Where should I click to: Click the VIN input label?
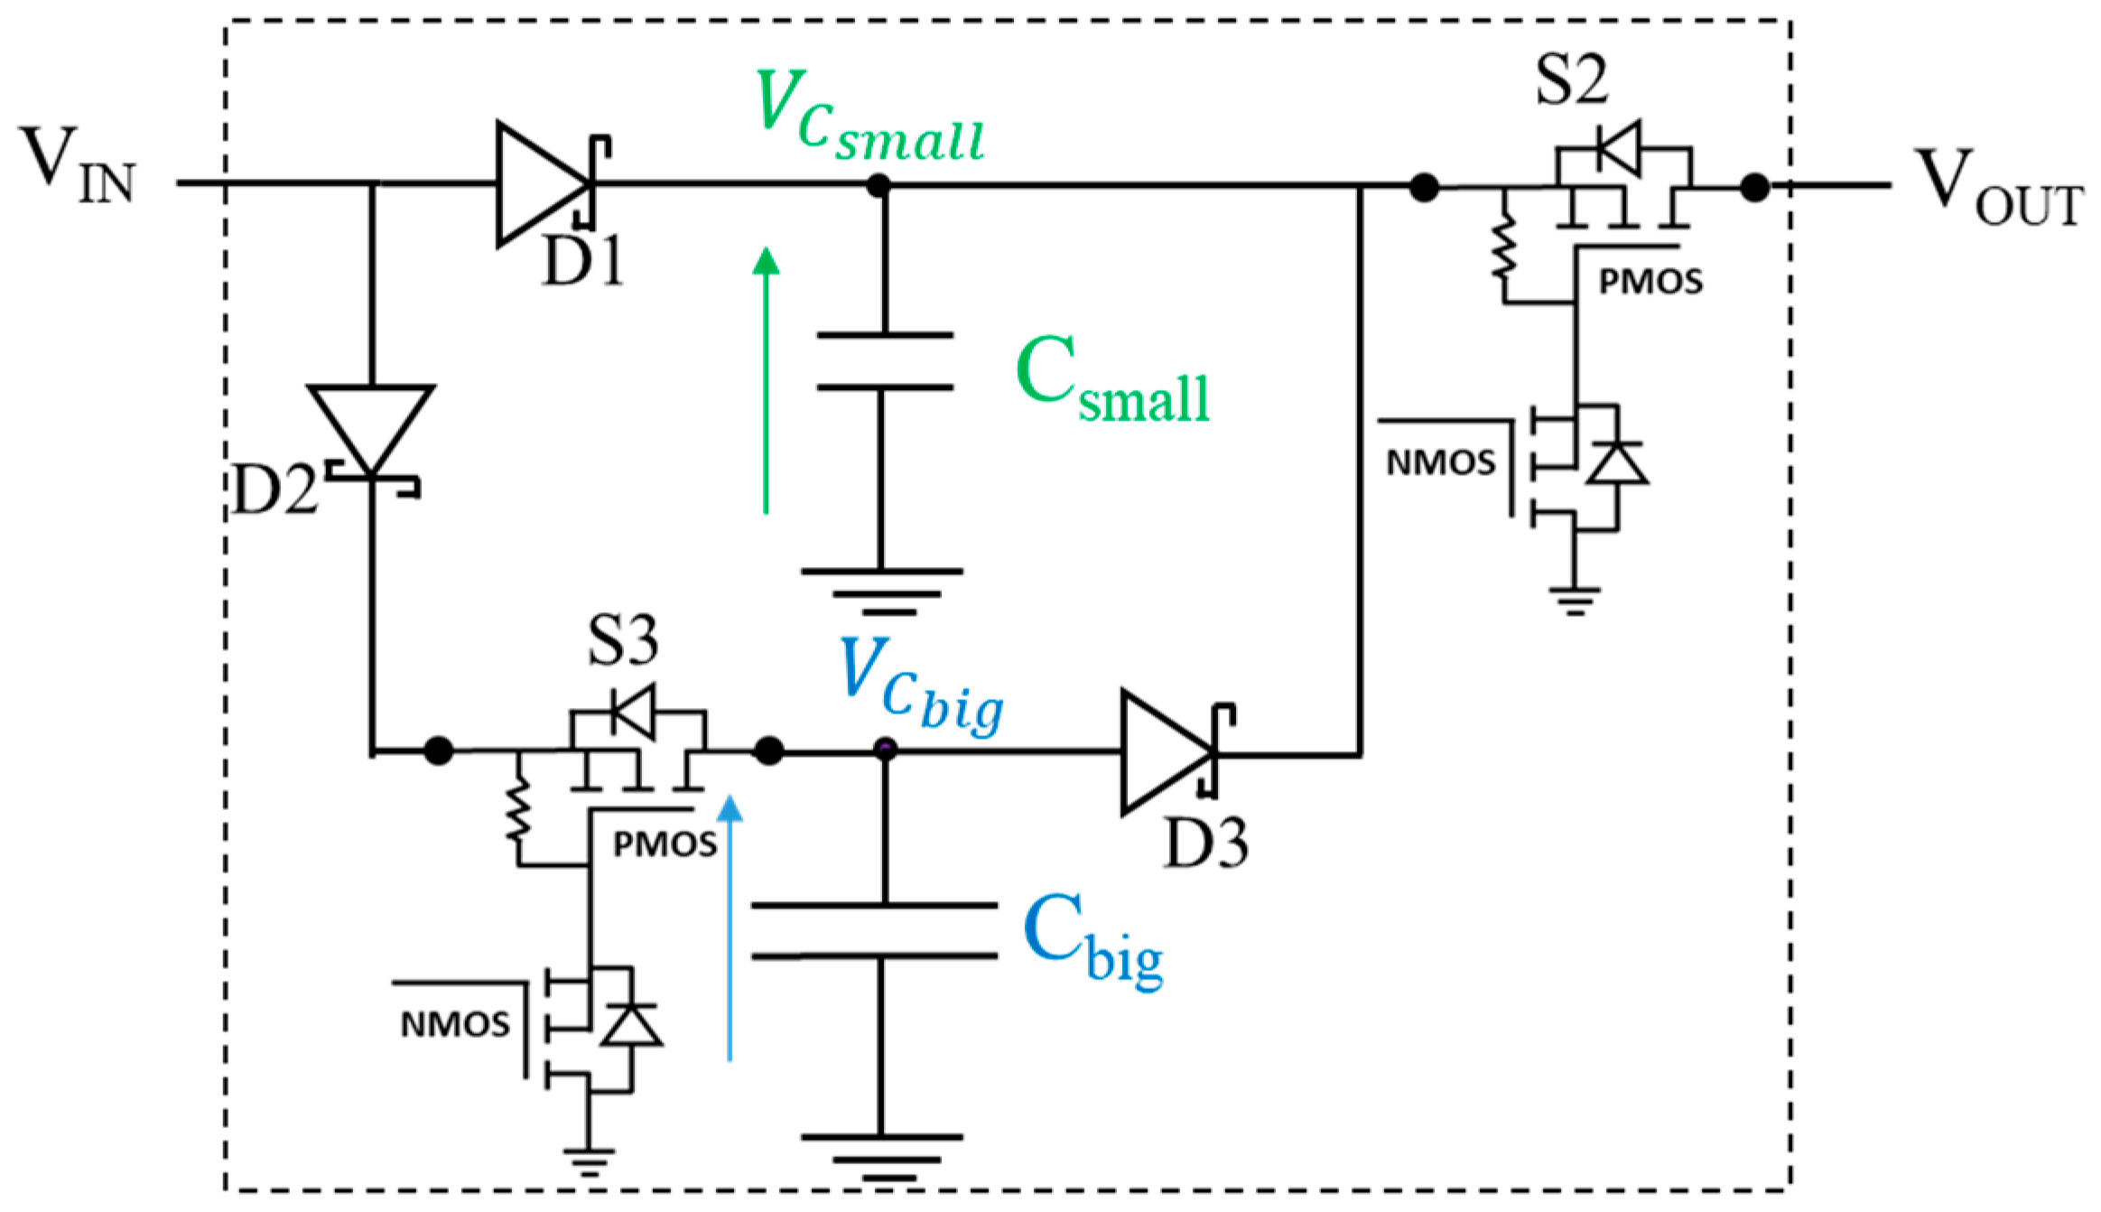(77, 165)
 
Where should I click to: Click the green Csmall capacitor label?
(1111, 379)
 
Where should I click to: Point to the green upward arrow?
(766, 379)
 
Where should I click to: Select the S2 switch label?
(1572, 79)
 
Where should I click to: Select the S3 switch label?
(623, 641)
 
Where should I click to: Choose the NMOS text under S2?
(1441, 463)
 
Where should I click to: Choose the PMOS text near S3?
(665, 845)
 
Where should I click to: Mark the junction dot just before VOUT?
(1754, 188)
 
